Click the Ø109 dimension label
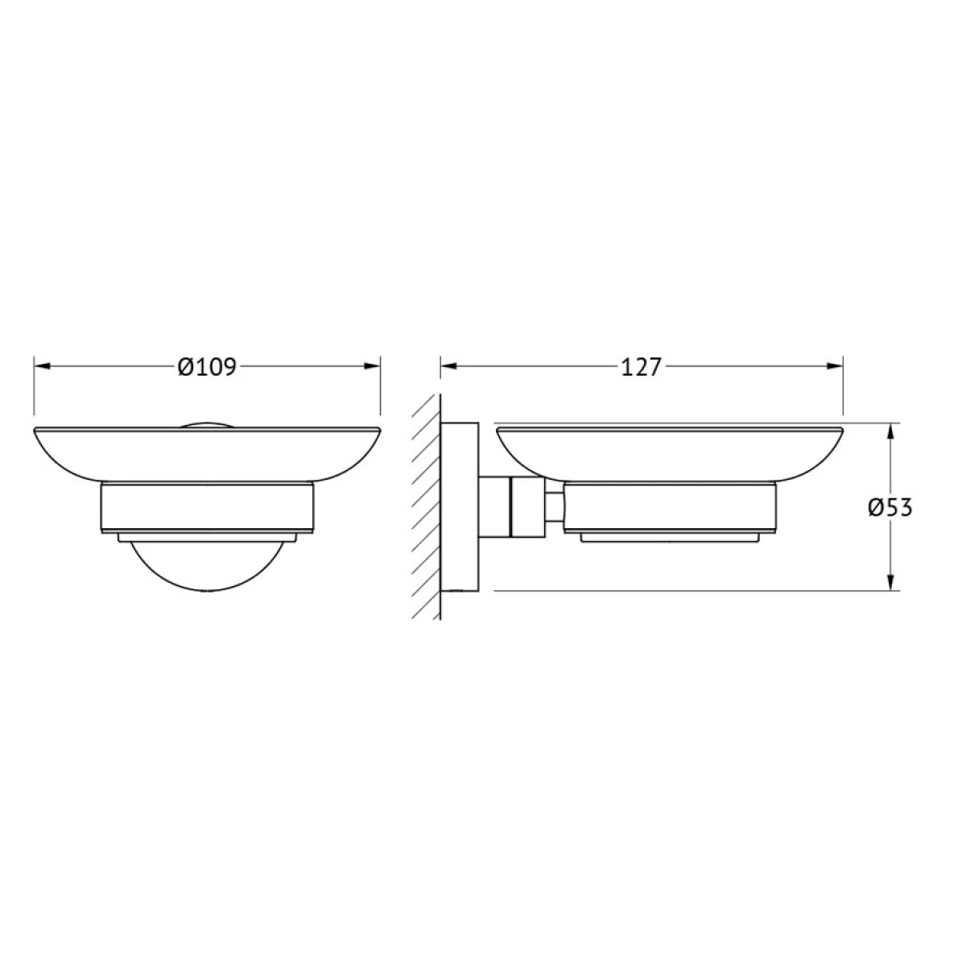(207, 367)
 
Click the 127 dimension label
(642, 367)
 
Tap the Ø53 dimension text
(890, 508)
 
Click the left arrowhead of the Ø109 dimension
(42, 366)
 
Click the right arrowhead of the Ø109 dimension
(372, 366)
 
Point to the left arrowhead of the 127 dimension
(448, 366)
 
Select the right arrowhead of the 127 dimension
(835, 366)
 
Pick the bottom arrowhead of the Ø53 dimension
(890, 582)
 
